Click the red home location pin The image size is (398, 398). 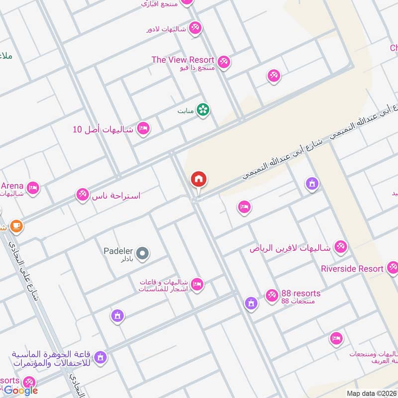point(199,180)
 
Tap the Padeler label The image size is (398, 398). point(117,251)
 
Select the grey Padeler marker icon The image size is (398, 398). point(143,254)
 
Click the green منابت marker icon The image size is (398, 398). point(203,110)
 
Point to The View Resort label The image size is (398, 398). point(183,60)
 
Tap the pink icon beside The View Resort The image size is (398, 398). point(224,62)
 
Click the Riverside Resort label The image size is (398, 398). point(352,269)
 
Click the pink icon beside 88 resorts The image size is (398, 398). point(272,296)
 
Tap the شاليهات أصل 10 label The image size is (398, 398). point(103,129)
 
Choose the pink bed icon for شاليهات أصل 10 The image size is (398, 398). point(143,129)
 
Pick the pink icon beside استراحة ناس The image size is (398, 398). point(83,195)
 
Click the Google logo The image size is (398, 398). point(21,391)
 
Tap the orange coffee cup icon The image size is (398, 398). point(16,226)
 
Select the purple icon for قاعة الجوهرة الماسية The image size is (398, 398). point(100,357)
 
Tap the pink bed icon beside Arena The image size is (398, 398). point(33,188)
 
